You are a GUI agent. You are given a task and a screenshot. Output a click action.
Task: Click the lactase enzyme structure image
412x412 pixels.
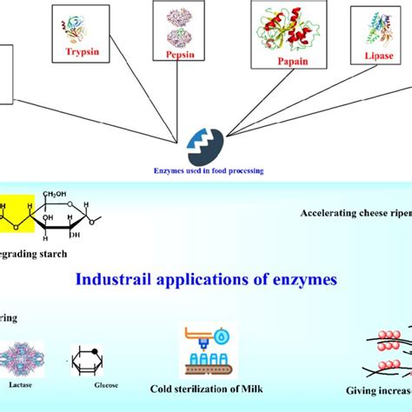tap(21, 357)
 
